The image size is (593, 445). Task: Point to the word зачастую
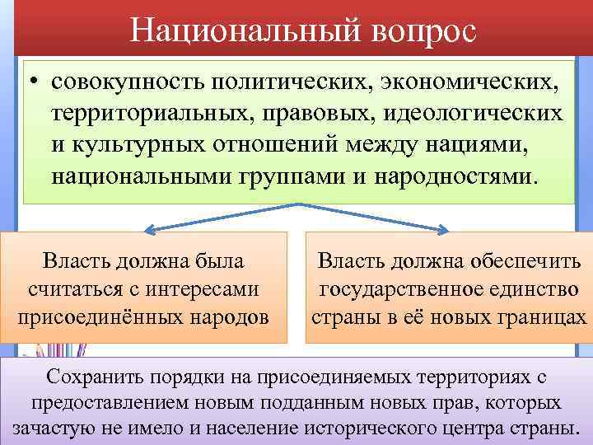tap(49, 429)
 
